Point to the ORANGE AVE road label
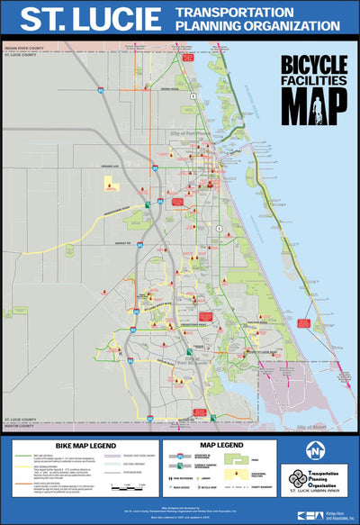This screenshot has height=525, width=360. point(111,167)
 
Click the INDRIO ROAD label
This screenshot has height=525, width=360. point(171,89)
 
